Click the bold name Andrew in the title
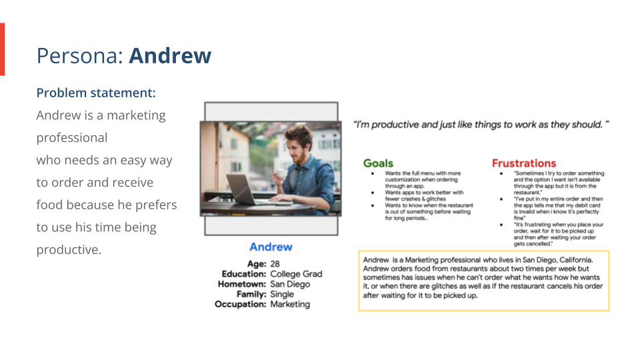pyautogui.click(x=170, y=55)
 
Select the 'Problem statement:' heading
pyautogui.click(x=96, y=93)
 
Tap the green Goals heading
pyautogui.click(x=378, y=163)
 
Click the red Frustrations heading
pyautogui.click(x=523, y=163)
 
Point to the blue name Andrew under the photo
pyautogui.click(x=271, y=247)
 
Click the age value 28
pyautogui.click(x=275, y=264)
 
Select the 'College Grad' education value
pyautogui.click(x=296, y=274)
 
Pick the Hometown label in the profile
pyautogui.click(x=242, y=284)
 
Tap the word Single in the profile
pyautogui.click(x=283, y=294)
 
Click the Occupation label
pyautogui.click(x=240, y=304)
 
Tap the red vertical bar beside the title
pyautogui.click(x=2, y=49)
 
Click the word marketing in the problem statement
pyautogui.click(x=136, y=115)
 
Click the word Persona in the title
pyautogui.click(x=79, y=55)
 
